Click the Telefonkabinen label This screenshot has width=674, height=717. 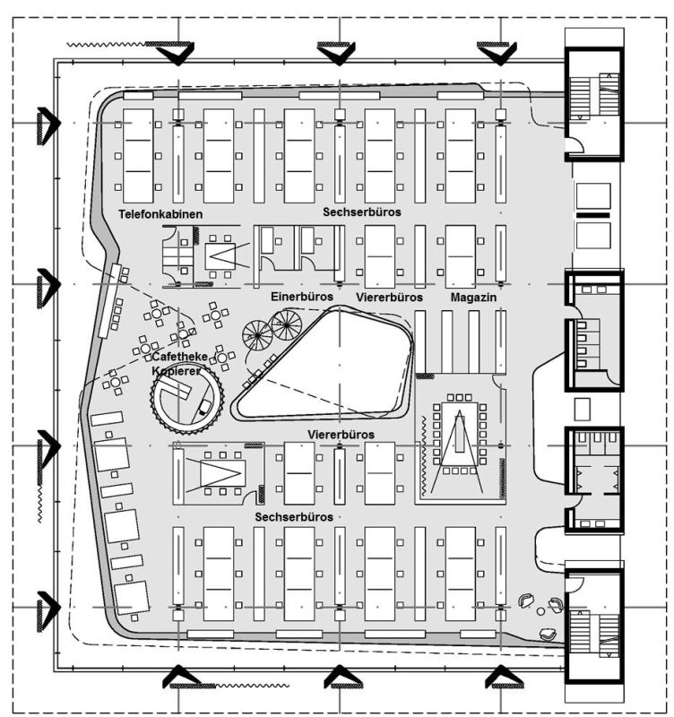160,214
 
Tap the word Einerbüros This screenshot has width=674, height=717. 302,297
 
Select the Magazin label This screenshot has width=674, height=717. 473,298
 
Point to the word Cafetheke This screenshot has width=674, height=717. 179,357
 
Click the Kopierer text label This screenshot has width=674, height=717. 176,371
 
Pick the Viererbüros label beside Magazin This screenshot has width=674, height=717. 389,298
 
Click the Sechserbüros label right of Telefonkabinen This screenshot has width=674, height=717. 362,212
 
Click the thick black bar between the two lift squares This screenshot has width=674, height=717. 593,215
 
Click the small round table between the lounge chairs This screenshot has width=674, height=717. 541,611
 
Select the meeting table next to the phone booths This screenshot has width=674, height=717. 220,256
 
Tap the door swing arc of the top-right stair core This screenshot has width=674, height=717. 577,145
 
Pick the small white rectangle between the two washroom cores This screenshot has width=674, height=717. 582,409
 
